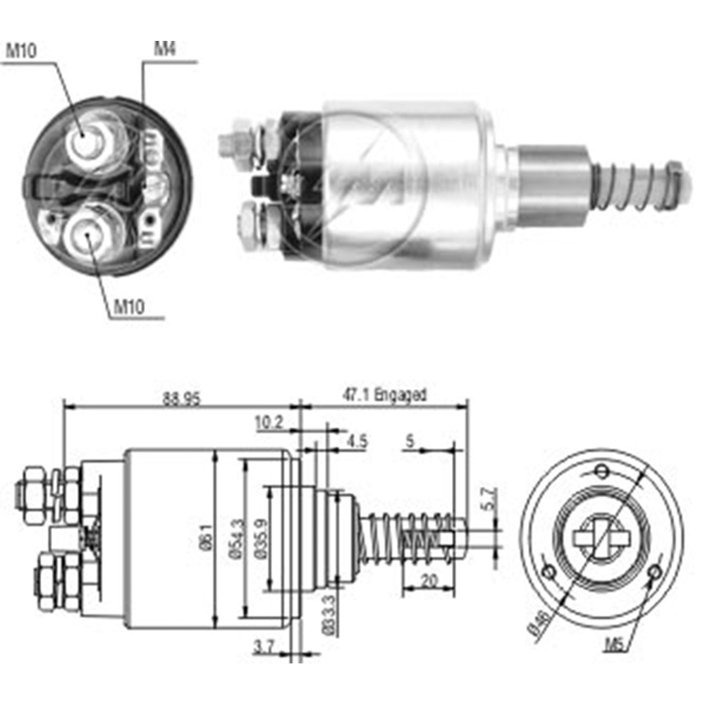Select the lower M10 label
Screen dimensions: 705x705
[x=128, y=307]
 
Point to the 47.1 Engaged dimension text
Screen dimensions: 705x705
[x=385, y=395]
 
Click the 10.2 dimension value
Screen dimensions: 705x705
[x=269, y=422]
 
